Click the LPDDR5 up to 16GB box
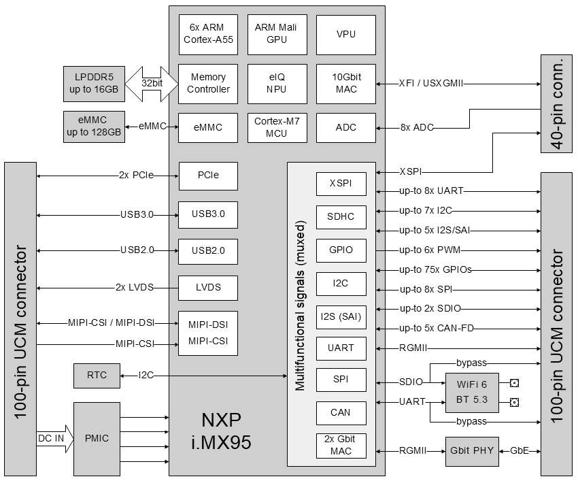click(x=92, y=83)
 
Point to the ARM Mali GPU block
click(x=276, y=34)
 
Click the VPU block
click(x=345, y=34)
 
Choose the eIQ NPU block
click(x=276, y=84)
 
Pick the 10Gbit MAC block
click(x=345, y=84)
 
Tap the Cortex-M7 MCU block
click(x=276, y=127)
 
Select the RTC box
click(x=96, y=375)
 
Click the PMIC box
click(x=96, y=438)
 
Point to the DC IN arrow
click(x=53, y=438)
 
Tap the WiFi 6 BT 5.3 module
click(x=471, y=393)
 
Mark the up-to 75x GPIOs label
click(x=435, y=269)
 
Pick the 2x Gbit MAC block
click(x=341, y=445)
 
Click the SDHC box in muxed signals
click(x=341, y=217)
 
